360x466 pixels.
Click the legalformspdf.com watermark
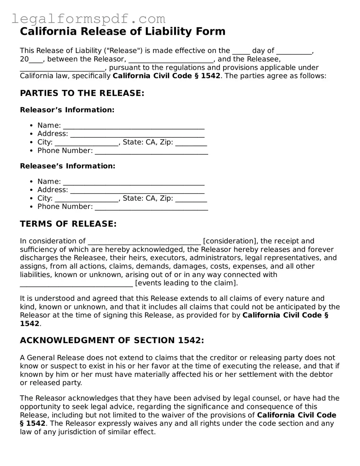click(x=88, y=18)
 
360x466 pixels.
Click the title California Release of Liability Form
click(x=122, y=32)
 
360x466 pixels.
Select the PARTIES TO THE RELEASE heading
click(x=82, y=93)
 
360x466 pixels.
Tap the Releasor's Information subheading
click(x=67, y=110)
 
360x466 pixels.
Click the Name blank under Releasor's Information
click(x=133, y=126)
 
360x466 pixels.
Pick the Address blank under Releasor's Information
click(x=137, y=134)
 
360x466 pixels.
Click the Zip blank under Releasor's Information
click(x=191, y=143)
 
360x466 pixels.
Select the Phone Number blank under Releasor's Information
click(x=151, y=151)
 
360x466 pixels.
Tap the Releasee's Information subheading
click(x=68, y=166)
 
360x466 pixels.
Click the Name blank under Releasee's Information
click(x=133, y=182)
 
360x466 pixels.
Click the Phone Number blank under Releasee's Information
click(x=151, y=207)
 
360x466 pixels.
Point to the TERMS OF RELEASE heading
click(x=68, y=224)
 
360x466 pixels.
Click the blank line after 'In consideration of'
click(x=144, y=242)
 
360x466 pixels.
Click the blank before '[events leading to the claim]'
click(x=76, y=284)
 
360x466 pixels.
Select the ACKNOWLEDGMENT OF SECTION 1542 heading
click(x=112, y=340)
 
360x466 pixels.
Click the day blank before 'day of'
click(x=241, y=51)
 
